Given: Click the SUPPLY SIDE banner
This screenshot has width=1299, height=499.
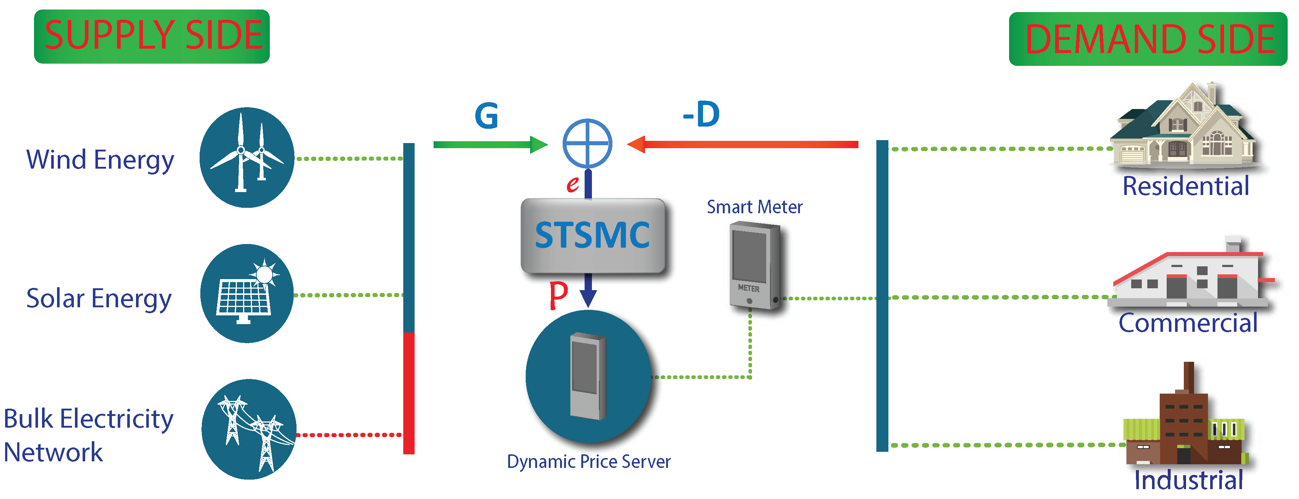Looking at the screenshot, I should [152, 36].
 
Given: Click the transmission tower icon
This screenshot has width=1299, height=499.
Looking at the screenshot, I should [249, 429].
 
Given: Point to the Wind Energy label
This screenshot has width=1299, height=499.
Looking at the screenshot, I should [100, 160].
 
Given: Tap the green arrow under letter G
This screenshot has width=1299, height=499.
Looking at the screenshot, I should [490, 145].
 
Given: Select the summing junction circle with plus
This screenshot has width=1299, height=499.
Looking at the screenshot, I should [588, 144].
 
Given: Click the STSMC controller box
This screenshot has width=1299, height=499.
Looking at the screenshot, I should [593, 236].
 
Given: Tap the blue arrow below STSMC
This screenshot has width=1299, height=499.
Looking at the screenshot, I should [588, 291].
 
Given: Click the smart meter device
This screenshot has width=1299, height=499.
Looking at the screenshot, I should [754, 266].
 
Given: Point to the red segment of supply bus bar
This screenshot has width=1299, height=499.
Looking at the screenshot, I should [409, 394].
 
